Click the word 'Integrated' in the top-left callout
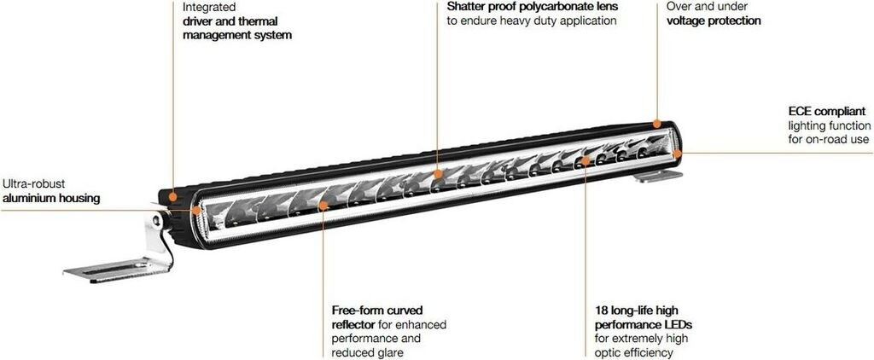(210, 6)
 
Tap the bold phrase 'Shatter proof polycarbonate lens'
(533, 6)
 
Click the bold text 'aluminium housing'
(51, 198)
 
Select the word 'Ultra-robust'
(34, 183)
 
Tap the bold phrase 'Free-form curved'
(377, 310)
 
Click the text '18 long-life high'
(637, 310)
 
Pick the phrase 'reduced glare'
(367, 352)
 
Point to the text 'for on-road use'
(828, 140)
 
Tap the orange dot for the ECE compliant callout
(677, 154)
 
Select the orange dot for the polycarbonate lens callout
(438, 173)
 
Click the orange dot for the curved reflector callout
(323, 205)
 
